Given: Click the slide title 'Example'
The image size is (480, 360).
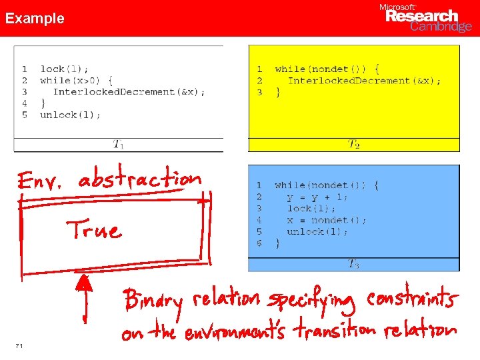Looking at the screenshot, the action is tap(35, 19).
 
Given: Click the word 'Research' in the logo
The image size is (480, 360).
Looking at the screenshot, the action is tap(422, 16).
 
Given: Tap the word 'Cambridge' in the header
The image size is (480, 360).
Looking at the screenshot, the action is tap(441, 27).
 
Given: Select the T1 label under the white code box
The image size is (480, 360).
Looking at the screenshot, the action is tap(118, 144).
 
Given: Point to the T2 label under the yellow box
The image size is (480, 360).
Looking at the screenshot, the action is tap(354, 144).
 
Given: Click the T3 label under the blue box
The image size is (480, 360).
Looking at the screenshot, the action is tap(354, 264).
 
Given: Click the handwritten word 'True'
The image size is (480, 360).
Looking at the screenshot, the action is tap(94, 230).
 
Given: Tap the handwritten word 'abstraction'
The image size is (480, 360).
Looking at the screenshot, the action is tap(139, 180).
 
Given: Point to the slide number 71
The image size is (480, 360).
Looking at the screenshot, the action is tap(19, 345).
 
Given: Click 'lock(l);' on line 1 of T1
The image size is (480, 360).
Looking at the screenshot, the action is tap(64, 69).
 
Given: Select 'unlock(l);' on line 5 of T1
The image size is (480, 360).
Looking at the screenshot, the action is tap(70, 115).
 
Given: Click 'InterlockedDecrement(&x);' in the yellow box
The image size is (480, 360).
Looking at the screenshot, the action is tap(364, 81).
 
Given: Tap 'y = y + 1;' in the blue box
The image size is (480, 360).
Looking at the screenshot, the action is tap(317, 197).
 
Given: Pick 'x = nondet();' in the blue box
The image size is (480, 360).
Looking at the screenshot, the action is tap(327, 220).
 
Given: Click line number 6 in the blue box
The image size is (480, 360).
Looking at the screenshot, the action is tap(259, 243).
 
